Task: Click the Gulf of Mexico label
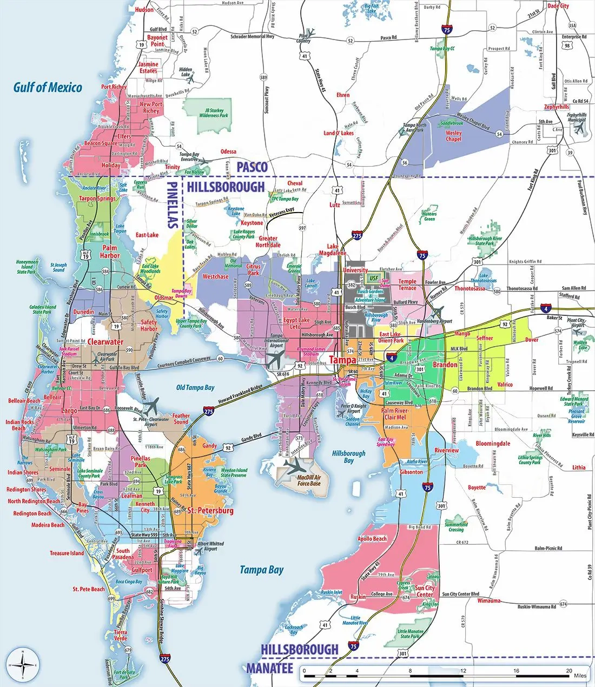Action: pos(48,87)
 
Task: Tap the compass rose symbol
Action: pos(22,664)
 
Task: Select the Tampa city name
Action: pos(343,360)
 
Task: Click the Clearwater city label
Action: pos(105,342)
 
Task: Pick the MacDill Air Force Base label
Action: pos(309,480)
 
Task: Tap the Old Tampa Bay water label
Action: pos(195,387)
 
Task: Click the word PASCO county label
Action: pos(252,167)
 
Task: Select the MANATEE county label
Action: pos(269,668)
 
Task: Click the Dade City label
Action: pos(558,6)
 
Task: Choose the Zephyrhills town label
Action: pos(557,107)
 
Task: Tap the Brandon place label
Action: pos(445,364)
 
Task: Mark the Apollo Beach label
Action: pos(372,539)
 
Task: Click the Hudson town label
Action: pos(144,10)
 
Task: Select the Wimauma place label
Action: pos(489,600)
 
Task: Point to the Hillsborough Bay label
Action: pos(348,457)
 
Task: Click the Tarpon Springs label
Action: pos(98,198)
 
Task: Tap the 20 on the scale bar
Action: pos(568,671)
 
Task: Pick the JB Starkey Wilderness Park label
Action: pos(214,113)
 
